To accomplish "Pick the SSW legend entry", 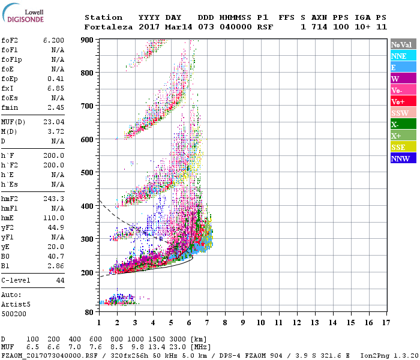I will click(x=400, y=113).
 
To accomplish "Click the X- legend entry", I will click(x=395, y=124).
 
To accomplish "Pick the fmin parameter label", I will click(x=10, y=107).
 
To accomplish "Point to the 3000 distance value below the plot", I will click(x=180, y=340).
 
